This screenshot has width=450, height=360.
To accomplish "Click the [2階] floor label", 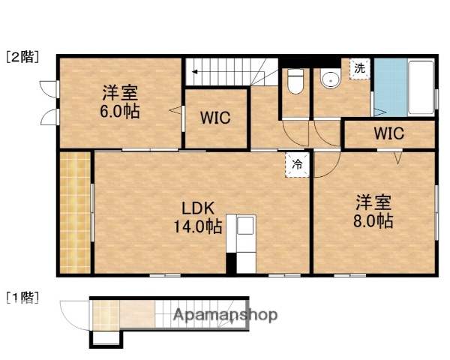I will [x=23, y=56].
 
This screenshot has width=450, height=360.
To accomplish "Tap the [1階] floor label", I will [x=23, y=297].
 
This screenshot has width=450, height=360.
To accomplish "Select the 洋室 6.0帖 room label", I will [x=121, y=102].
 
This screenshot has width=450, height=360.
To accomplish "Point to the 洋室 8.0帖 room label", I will [x=373, y=212].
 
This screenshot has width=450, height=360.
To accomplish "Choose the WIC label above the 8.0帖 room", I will [x=388, y=135].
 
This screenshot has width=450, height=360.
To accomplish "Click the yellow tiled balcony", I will [x=74, y=213].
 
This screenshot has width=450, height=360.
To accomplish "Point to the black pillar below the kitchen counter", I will [x=232, y=263].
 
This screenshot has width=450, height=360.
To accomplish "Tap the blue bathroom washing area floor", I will [x=388, y=86].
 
